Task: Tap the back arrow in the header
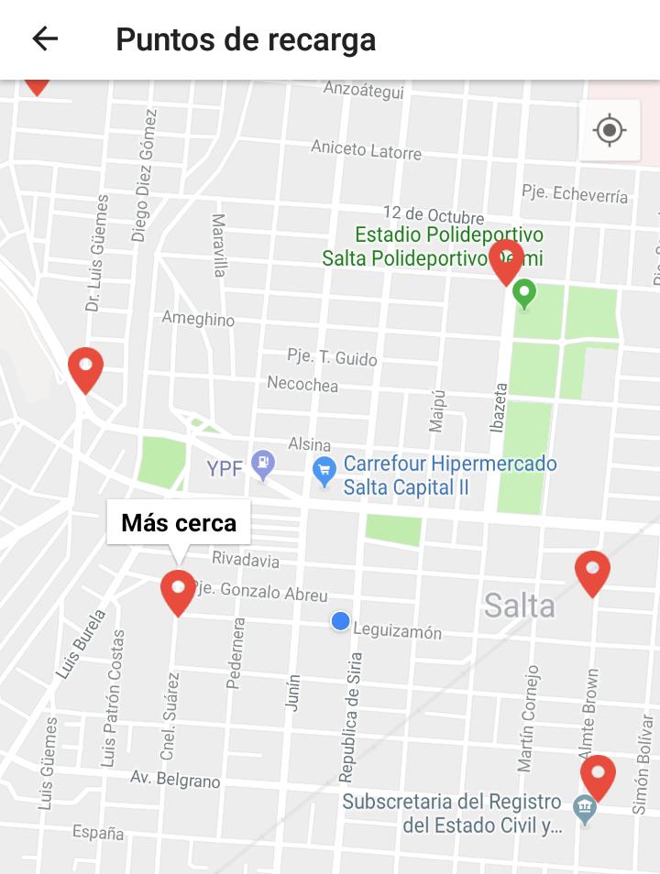[45, 38]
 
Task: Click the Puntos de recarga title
[246, 40]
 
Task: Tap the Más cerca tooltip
[179, 523]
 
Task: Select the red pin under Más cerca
[178, 591]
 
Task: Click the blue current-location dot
[341, 621]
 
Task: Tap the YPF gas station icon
[264, 464]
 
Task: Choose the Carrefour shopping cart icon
[324, 472]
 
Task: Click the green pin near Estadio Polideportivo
[524, 293]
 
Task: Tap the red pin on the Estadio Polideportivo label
[507, 260]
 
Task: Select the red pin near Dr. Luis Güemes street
[85, 368]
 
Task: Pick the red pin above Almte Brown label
[592, 572]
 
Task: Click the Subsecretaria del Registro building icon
[584, 809]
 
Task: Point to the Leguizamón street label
[397, 631]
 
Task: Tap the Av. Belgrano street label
[175, 780]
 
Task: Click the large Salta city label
[520, 606]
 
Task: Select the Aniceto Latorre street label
[366, 149]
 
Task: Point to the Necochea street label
[302, 384]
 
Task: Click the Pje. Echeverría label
[575, 194]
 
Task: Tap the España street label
[98, 832]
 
